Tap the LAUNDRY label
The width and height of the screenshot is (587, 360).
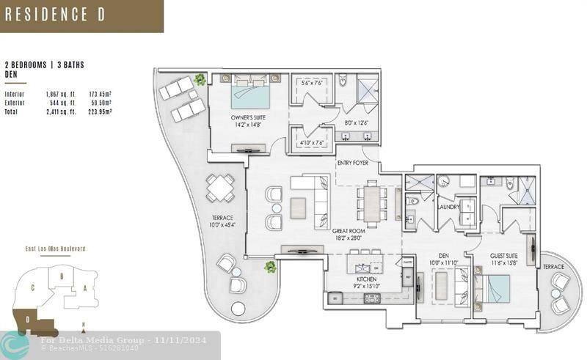click(448, 207)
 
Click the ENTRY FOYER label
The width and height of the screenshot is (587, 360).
click(353, 163)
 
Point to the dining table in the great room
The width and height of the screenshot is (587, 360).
click(373, 203)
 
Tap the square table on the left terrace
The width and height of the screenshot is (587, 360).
click(219, 188)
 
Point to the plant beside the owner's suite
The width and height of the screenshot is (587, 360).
click(200, 79)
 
